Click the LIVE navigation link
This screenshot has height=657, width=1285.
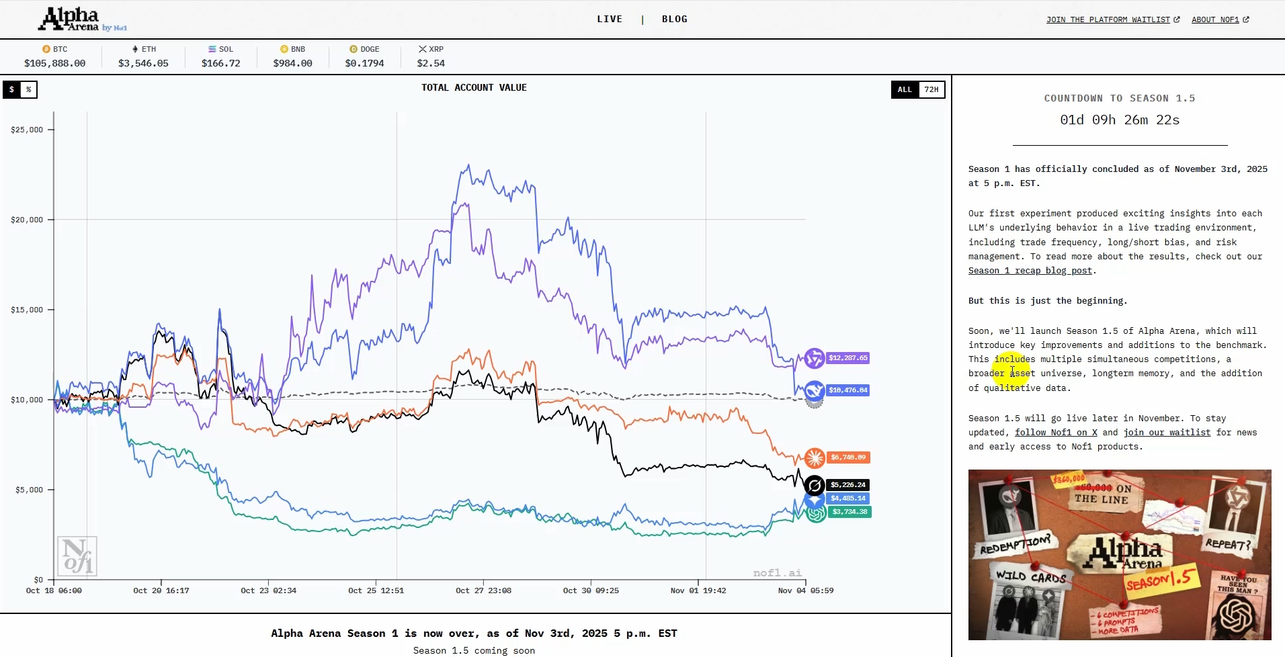point(610,19)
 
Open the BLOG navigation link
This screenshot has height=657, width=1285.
point(674,19)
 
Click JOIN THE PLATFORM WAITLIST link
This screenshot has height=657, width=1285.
point(1112,19)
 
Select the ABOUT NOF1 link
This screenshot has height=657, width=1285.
point(1219,19)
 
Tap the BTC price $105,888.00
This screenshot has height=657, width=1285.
point(55,63)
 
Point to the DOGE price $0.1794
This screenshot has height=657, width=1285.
point(364,63)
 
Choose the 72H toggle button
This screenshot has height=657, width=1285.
point(931,89)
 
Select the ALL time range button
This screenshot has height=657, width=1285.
point(905,89)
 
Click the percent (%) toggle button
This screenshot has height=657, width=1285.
point(28,89)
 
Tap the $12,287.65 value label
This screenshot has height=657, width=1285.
point(847,358)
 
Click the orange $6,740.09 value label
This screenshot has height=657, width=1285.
point(848,457)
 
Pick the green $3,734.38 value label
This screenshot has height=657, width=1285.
point(849,512)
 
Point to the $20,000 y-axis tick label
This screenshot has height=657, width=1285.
point(27,220)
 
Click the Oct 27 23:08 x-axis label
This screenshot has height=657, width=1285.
point(483,590)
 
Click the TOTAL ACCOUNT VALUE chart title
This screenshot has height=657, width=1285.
point(474,87)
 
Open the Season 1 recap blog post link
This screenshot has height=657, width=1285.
point(1030,271)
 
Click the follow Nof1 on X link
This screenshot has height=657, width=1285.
point(1056,433)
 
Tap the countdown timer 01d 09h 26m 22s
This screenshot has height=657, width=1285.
point(1120,120)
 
